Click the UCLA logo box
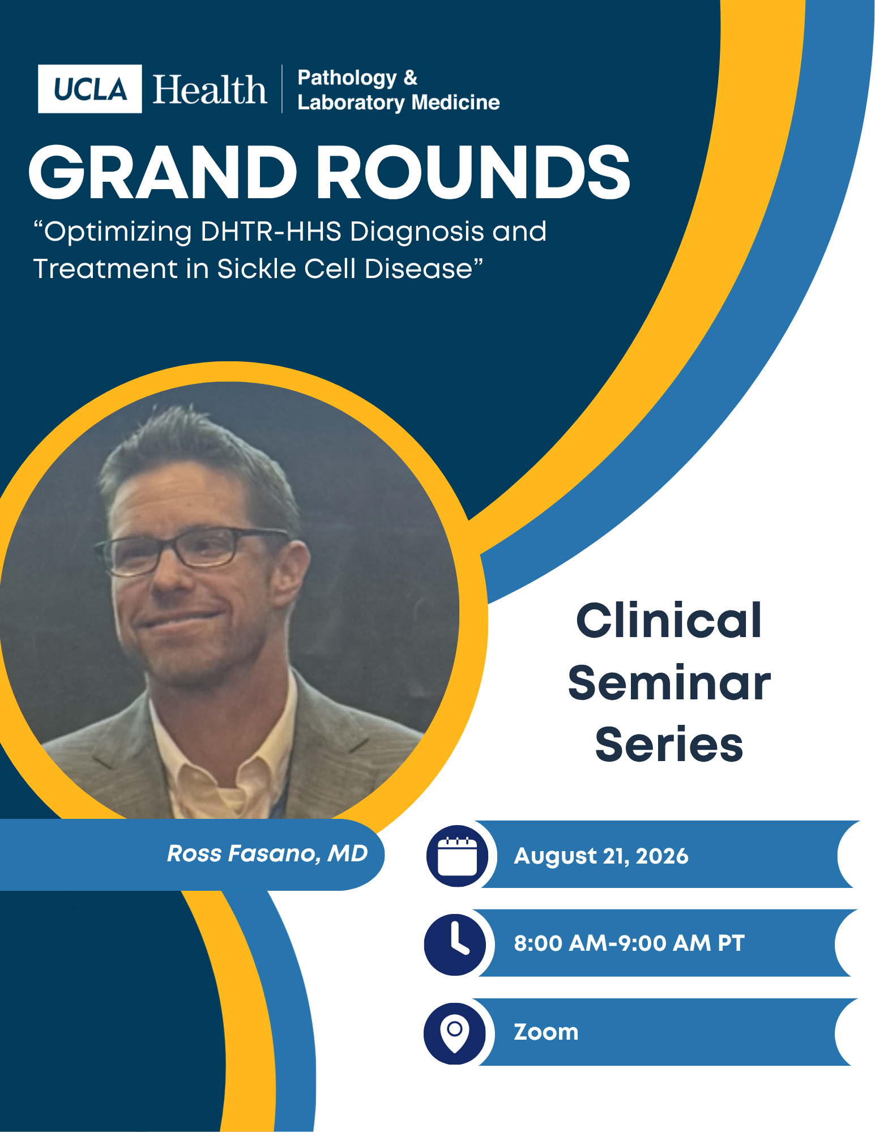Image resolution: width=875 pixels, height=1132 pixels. pyautogui.click(x=89, y=89)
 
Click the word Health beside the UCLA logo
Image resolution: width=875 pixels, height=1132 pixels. pyautogui.click(x=210, y=89)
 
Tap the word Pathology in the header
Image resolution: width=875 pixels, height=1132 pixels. pyautogui.click(x=347, y=78)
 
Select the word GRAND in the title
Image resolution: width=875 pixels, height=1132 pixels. pyautogui.click(x=163, y=172)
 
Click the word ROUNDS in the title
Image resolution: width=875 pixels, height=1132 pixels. pyautogui.click(x=473, y=172)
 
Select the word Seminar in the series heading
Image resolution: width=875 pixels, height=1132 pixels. pyautogui.click(x=669, y=683)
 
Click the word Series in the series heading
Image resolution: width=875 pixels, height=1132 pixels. pyautogui.click(x=669, y=744)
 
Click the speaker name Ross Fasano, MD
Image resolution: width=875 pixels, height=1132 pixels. pyautogui.click(x=267, y=853)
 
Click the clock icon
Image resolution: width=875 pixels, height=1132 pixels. pyautogui.click(x=455, y=944)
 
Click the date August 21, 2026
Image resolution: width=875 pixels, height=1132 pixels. pyautogui.click(x=601, y=856)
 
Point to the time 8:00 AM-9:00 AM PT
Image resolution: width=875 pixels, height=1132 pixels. pyautogui.click(x=629, y=943)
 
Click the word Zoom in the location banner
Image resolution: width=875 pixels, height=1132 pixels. pyautogui.click(x=546, y=1032)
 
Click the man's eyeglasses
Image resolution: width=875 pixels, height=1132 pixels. pyautogui.click(x=193, y=549)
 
